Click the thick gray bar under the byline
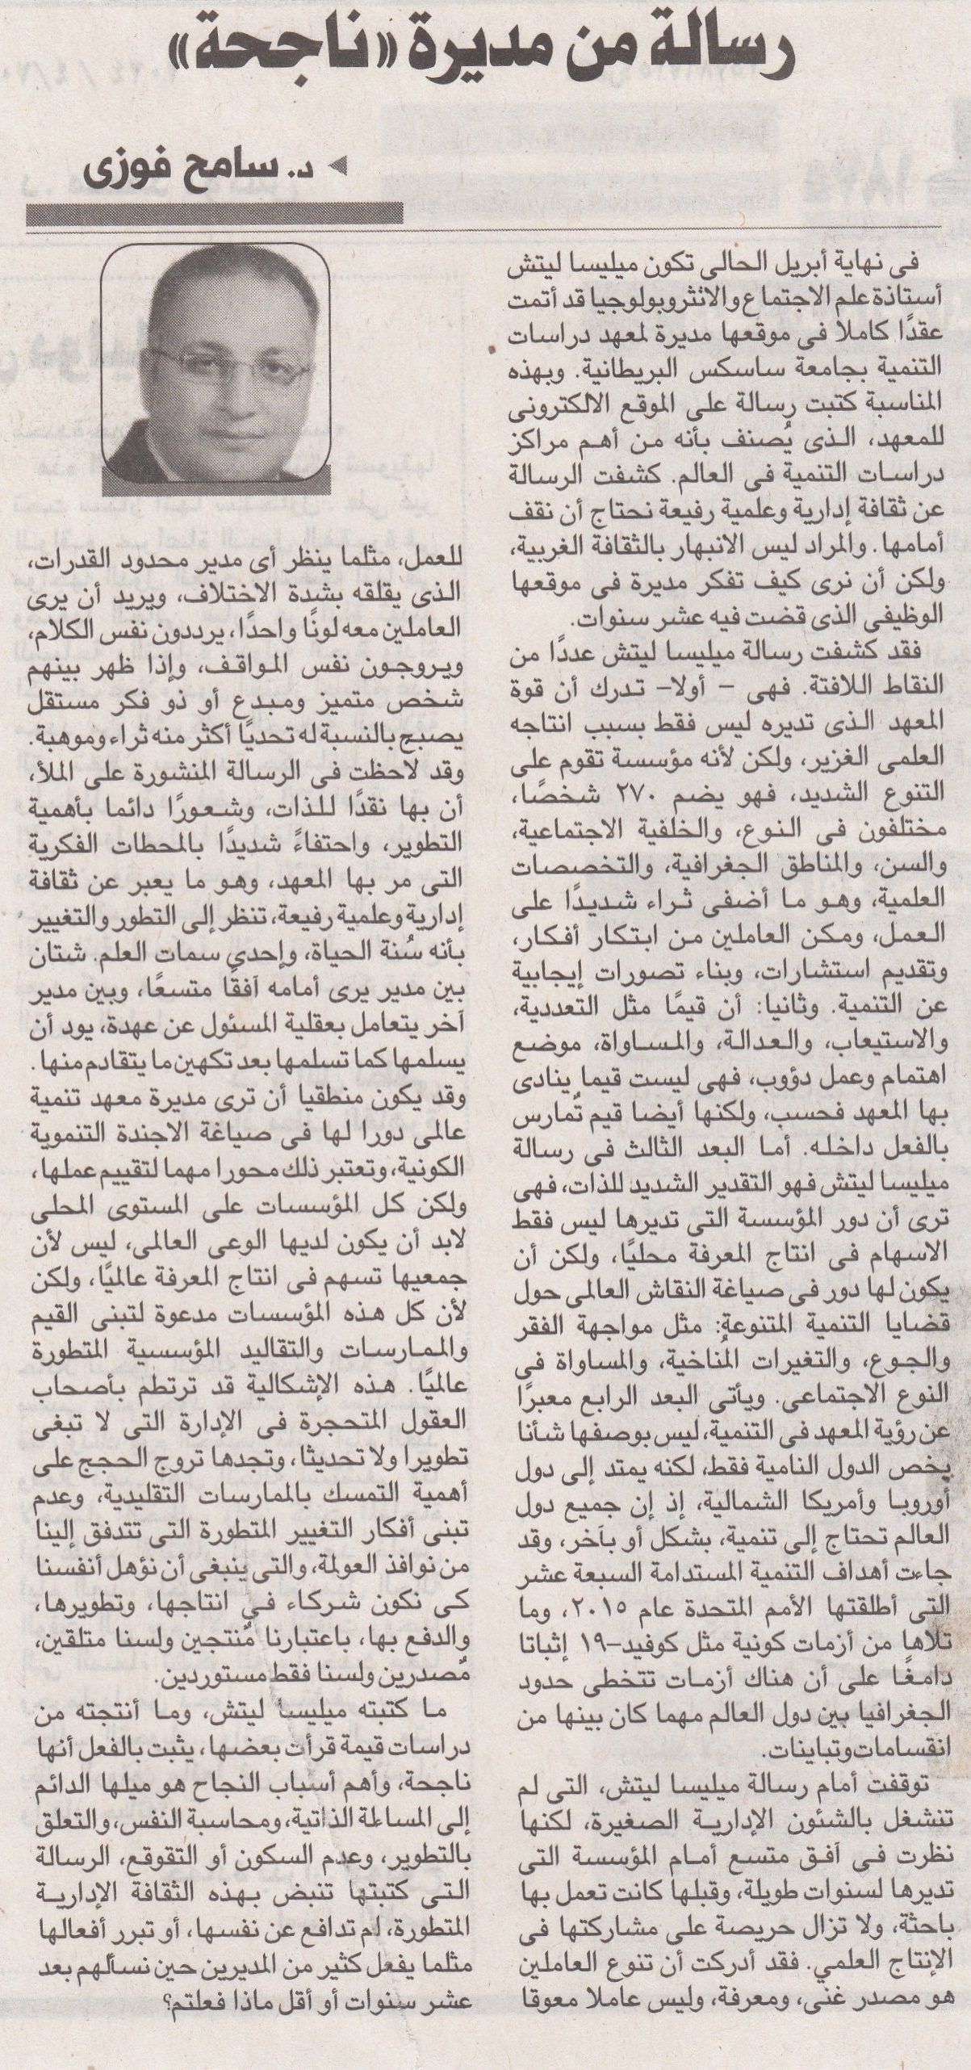(215, 213)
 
